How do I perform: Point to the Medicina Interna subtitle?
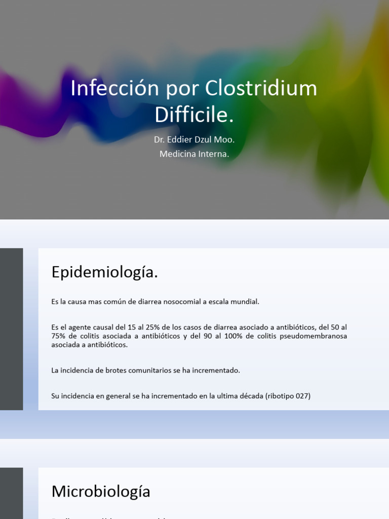(194, 154)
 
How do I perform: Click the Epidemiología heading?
(104, 272)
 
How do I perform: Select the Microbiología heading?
(101, 491)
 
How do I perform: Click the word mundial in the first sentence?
(245, 302)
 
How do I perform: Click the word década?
(247, 396)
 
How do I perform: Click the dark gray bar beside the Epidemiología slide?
(11, 329)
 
